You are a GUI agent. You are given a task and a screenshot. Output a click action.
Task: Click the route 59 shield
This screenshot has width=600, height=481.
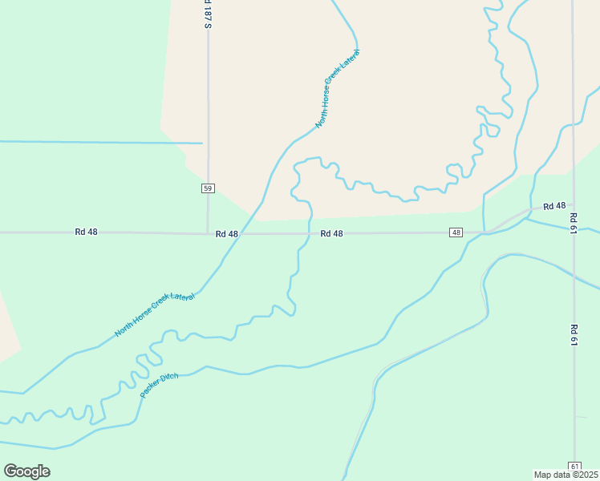[208, 188]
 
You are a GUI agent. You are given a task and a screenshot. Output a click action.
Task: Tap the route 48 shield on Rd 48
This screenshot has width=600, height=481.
[456, 232]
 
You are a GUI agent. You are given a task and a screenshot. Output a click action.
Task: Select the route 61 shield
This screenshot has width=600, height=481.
[574, 466]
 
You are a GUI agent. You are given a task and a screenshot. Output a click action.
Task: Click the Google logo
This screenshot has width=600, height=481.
[26, 471]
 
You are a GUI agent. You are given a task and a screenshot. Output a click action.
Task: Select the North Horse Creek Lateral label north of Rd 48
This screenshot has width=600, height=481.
[338, 88]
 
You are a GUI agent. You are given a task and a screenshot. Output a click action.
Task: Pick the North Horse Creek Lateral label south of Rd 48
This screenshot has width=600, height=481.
[155, 314]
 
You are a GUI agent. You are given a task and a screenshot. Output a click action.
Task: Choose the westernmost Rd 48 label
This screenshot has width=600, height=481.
[86, 232]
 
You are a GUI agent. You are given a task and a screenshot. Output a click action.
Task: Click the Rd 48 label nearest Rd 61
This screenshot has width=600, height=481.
[554, 206]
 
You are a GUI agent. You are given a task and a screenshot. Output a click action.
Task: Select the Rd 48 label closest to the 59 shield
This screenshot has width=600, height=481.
[227, 234]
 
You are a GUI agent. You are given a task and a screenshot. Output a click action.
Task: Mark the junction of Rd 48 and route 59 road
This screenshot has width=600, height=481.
[208, 233]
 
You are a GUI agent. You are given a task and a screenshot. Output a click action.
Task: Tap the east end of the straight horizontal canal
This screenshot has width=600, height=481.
[201, 143]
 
